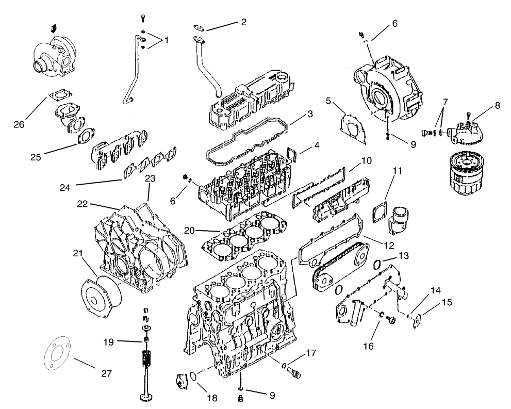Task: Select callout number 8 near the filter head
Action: [x=497, y=105]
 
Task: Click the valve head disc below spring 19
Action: [x=145, y=397]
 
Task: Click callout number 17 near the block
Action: [x=310, y=353]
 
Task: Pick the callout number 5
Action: [x=328, y=101]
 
